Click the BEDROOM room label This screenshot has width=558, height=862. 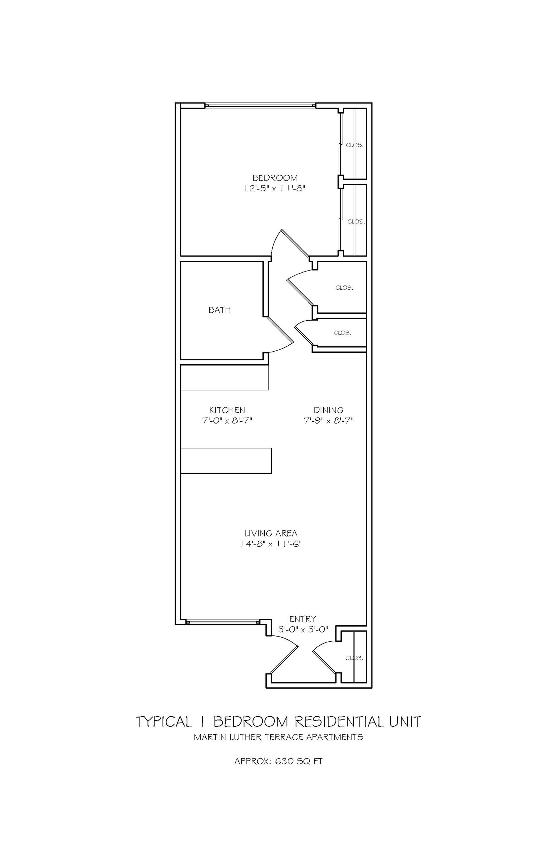click(275, 178)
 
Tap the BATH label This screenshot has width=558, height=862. click(220, 310)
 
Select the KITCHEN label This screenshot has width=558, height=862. click(227, 410)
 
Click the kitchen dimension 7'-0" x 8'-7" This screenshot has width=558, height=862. click(227, 421)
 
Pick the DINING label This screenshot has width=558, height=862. click(329, 410)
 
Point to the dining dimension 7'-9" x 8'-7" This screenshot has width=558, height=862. click(329, 421)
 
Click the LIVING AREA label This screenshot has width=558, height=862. click(271, 533)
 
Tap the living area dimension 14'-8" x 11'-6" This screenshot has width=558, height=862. click(271, 544)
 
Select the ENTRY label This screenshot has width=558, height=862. click(303, 619)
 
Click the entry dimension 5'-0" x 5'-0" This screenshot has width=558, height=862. click(303, 629)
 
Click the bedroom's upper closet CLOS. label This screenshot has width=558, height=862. click(355, 145)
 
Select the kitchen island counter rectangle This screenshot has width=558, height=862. click(226, 460)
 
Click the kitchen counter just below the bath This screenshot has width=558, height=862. click(225, 377)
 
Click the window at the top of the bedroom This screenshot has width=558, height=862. click(261, 106)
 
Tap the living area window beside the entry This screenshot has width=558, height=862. click(223, 622)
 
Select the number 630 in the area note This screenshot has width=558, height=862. click(285, 761)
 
